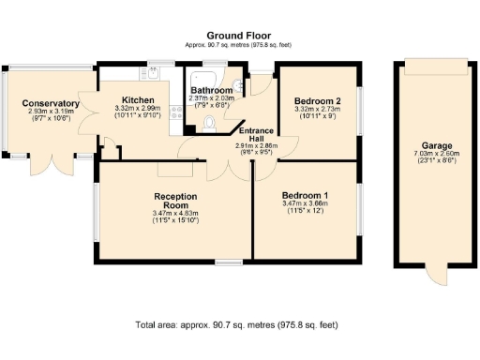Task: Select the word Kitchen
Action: click(x=138, y=99)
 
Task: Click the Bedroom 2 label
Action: click(x=317, y=100)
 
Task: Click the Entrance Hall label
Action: click(x=253, y=134)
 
